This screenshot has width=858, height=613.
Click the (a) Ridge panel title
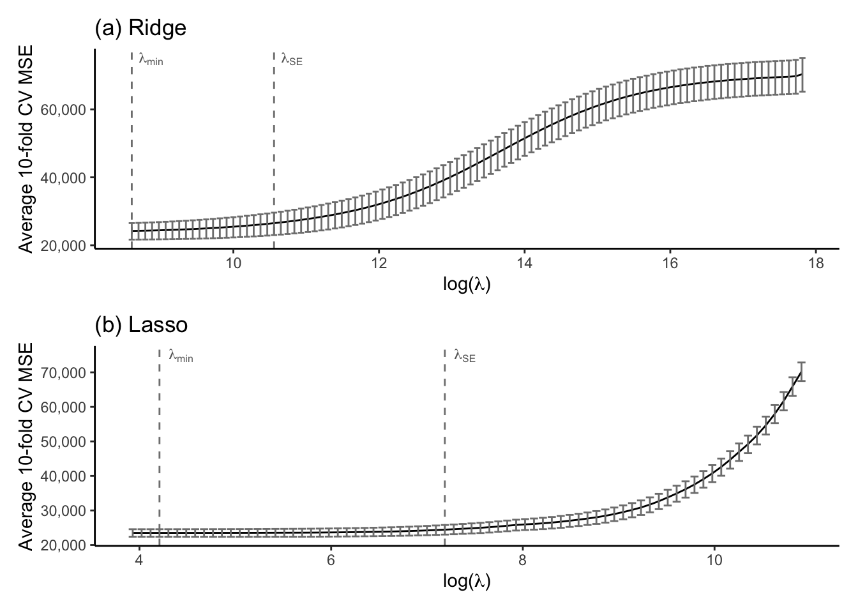click(x=140, y=28)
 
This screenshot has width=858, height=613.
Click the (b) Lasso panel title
click(x=141, y=325)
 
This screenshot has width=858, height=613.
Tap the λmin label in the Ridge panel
click(x=151, y=60)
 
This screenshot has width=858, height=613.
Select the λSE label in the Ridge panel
click(x=292, y=60)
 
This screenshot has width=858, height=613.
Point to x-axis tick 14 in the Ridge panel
click(x=523, y=264)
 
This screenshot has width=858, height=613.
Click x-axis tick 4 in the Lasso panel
click(x=139, y=561)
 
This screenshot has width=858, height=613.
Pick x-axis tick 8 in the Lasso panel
click(x=522, y=561)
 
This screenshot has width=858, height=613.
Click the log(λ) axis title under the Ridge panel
click(x=467, y=284)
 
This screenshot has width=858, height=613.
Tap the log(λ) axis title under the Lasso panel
click(x=467, y=581)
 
